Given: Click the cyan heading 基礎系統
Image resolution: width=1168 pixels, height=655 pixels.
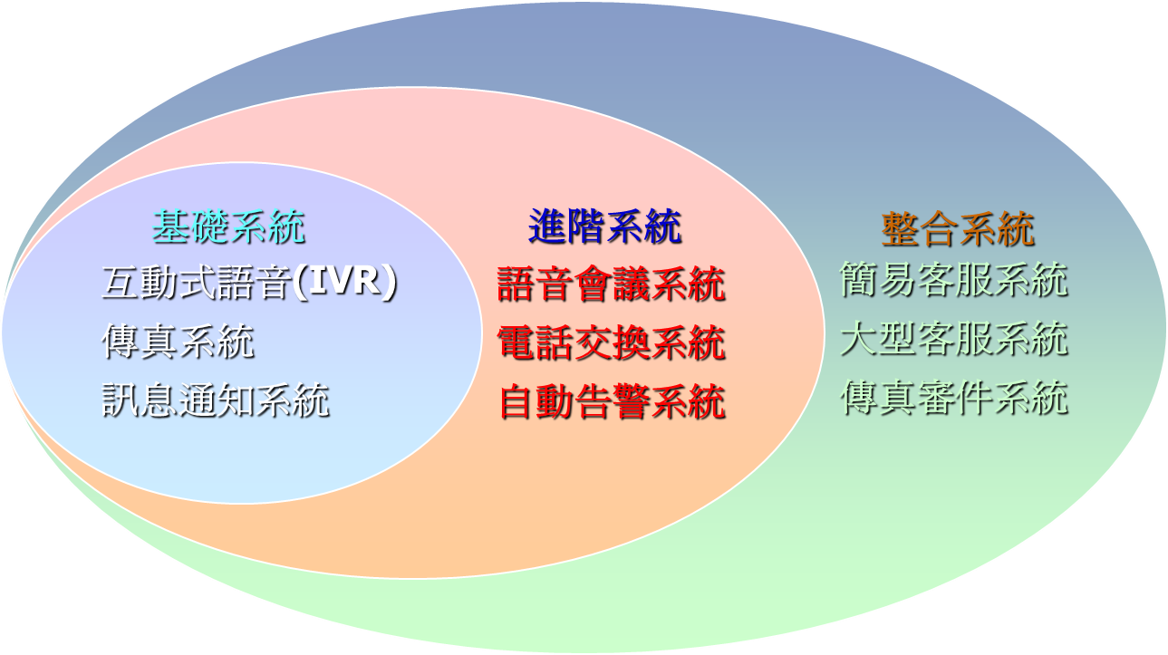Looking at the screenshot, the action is pos(228,226).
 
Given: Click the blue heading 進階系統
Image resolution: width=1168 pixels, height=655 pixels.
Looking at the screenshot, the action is pos(605,226).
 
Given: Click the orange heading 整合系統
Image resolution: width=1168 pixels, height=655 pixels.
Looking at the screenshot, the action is pos(958,229).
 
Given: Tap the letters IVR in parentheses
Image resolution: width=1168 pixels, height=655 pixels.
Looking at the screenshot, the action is pos(344,281).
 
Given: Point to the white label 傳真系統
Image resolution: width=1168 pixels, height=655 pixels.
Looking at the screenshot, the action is pos(178,342).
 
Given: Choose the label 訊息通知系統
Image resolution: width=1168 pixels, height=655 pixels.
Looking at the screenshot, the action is pos(216,400).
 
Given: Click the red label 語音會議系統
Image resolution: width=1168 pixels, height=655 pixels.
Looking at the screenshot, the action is pos(611,284).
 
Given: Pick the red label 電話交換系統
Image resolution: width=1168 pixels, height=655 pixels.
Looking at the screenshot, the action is pos(611,342).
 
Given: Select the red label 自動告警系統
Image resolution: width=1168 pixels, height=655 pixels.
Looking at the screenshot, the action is pos(613,401).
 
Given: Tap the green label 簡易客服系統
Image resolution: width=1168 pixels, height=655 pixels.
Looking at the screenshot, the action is pos(954,280).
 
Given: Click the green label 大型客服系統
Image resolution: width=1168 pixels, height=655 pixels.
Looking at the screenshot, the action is pos(954,339).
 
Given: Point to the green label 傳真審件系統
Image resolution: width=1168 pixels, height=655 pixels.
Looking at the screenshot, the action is pos(954,398).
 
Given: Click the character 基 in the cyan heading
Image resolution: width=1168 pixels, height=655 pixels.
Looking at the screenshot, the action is pos(170,226).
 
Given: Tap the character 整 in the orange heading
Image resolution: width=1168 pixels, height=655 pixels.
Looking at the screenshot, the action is pos(900,229).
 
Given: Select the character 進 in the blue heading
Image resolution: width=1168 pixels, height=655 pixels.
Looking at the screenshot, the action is pos(547,226).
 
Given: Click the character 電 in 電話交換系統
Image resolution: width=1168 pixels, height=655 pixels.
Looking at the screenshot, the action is pos(516,342).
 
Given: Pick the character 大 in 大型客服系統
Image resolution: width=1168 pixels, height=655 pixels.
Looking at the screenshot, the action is pos(858,339).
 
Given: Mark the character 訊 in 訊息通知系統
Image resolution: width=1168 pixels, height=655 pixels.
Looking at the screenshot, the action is pos(120,400).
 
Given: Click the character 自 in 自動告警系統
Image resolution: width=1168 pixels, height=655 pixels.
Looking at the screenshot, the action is pos(517,401).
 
